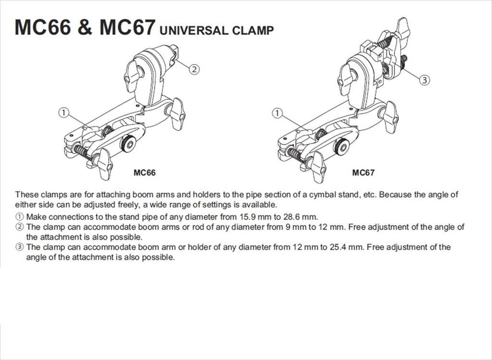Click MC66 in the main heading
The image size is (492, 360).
tap(42, 27)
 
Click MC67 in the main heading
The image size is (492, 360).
tap(127, 27)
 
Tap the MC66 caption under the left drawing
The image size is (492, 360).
tap(145, 173)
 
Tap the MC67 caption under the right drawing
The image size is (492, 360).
tap(363, 173)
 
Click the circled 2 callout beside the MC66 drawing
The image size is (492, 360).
tap(194, 69)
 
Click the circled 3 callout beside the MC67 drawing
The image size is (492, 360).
tap(424, 80)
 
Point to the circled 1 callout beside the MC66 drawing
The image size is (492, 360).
tap(63, 112)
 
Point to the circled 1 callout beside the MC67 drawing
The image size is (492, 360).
tap(277, 113)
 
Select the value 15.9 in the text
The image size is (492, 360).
tap(248, 217)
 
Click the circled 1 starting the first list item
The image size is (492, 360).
tap(19, 217)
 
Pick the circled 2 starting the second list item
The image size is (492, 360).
tap(19, 227)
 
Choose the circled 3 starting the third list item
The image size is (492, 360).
tap(19, 248)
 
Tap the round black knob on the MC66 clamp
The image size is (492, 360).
tap(128, 144)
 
